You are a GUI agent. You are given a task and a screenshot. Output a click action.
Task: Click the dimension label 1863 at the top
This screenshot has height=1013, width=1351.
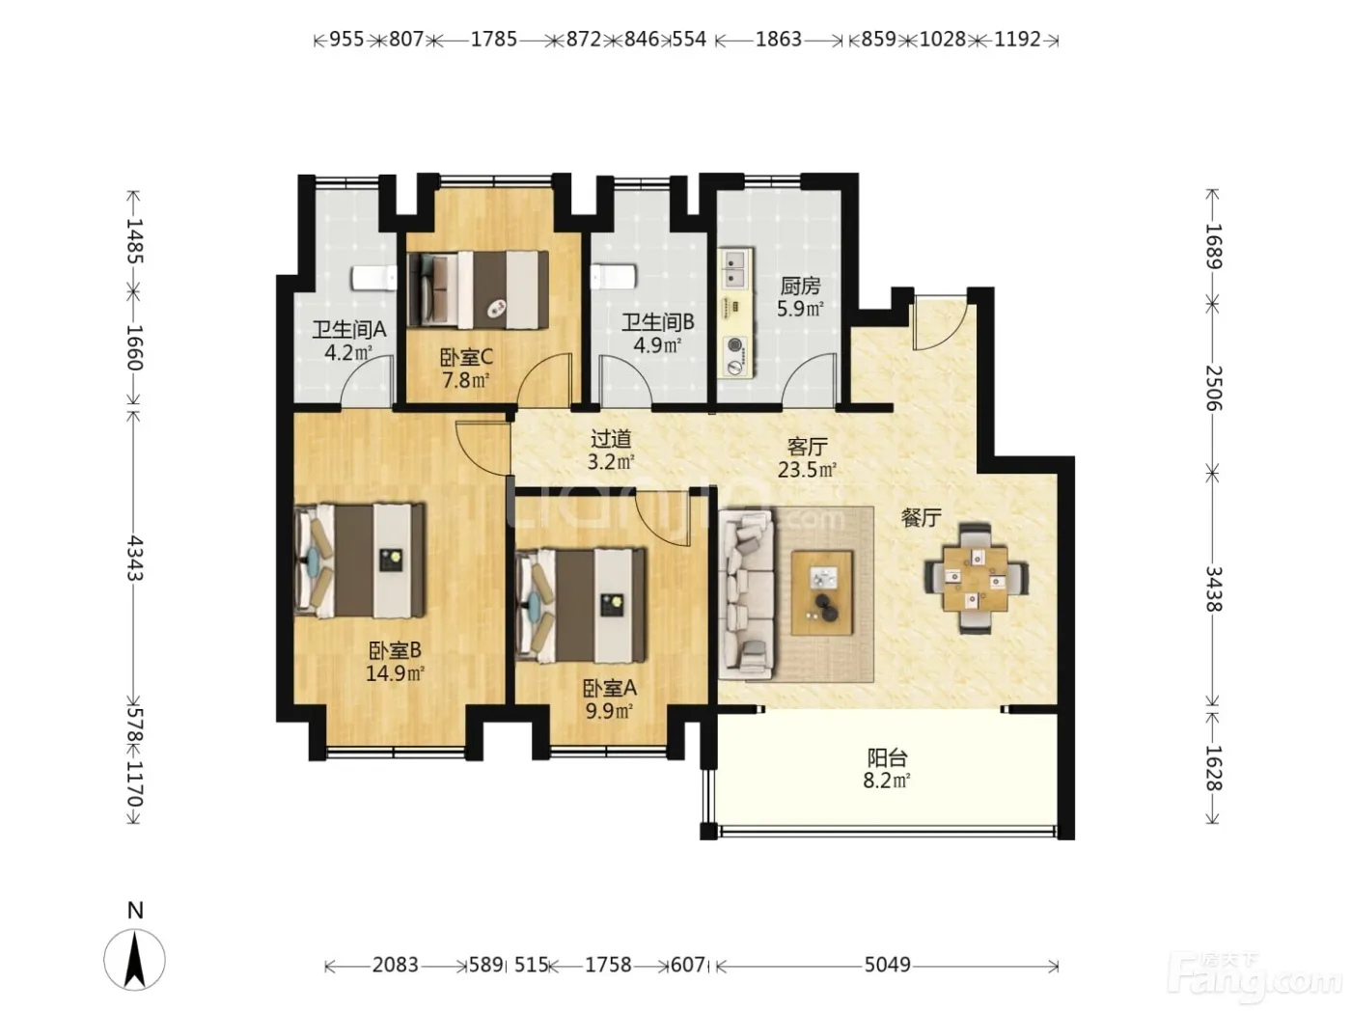pos(778,40)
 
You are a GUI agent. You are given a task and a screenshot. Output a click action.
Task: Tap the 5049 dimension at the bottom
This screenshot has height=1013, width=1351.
pos(887,965)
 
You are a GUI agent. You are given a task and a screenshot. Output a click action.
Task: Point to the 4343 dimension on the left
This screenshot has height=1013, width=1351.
pos(135,558)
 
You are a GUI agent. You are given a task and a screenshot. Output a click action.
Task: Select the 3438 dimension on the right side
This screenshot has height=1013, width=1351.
pos(1212,589)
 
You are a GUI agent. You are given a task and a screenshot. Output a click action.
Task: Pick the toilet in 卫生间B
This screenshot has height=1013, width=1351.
pos(613,277)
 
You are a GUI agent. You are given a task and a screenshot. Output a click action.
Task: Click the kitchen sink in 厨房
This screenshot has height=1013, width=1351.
pos(736,268)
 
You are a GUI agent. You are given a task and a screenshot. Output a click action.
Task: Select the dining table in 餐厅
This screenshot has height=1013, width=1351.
pos(976,578)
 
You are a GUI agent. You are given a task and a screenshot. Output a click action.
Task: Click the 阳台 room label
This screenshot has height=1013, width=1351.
pos(887,757)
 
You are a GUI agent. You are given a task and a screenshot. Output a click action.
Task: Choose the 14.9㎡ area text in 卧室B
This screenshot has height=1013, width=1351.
pos(395,673)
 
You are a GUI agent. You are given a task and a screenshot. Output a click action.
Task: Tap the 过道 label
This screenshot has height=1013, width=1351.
pos(611,439)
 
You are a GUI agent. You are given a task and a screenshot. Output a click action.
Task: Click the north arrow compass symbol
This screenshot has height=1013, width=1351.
pos(134,958)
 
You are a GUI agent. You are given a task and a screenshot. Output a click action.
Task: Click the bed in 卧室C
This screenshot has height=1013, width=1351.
pos(478,289)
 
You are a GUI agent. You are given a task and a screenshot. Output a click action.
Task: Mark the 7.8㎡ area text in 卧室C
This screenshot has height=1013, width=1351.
pos(466,380)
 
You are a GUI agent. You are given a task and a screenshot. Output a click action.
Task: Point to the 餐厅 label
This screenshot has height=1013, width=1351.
pos(921,518)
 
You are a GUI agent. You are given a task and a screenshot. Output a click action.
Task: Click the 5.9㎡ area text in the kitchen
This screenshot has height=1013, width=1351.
pos(800,308)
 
